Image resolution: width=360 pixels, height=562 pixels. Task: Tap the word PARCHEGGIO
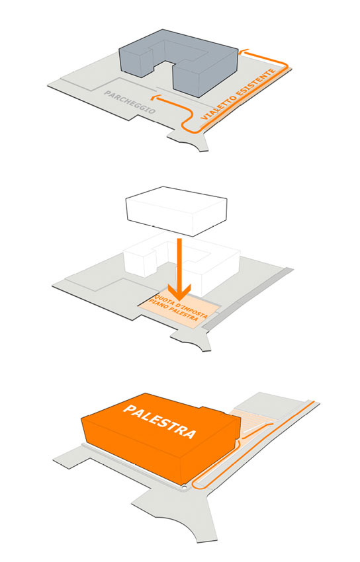pos(130,102)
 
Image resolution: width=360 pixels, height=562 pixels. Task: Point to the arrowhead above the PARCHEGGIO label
pos(155,97)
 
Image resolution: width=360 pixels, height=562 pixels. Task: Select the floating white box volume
pos(176,211)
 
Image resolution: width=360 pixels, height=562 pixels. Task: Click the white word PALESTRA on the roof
pos(159,422)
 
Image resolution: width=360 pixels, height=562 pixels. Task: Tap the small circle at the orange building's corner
pos(184,487)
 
